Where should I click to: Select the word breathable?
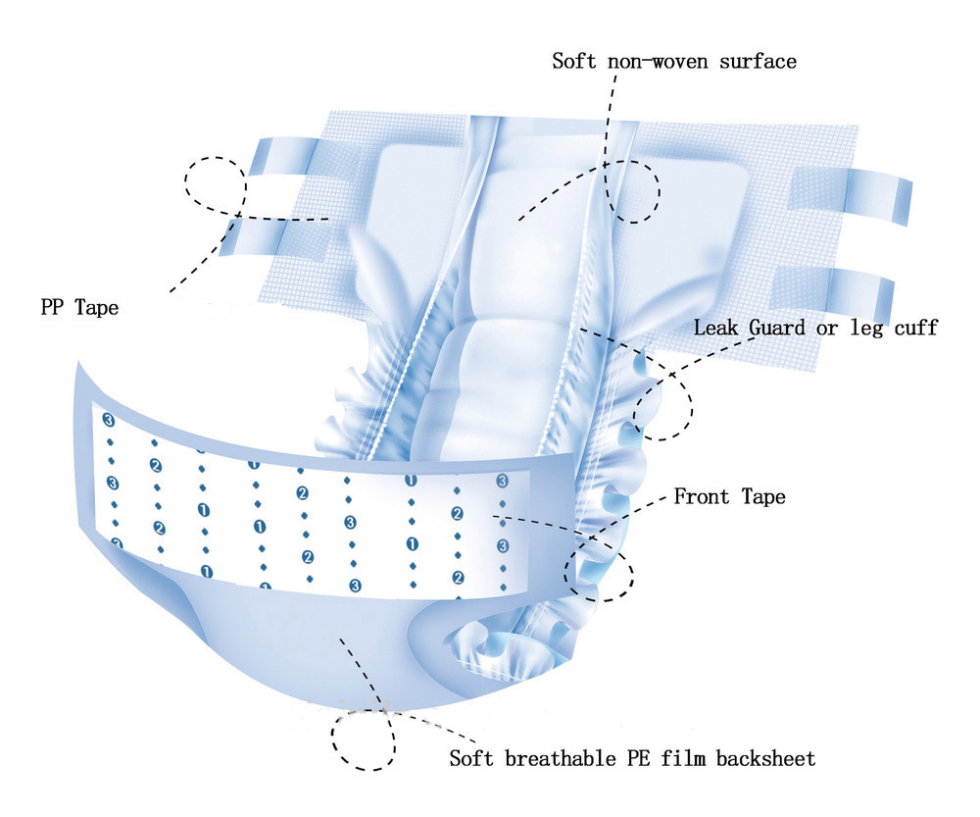[567, 758]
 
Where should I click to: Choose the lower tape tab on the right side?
[833, 286]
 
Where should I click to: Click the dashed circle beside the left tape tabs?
[217, 184]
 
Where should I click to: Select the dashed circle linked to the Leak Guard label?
[662, 402]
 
